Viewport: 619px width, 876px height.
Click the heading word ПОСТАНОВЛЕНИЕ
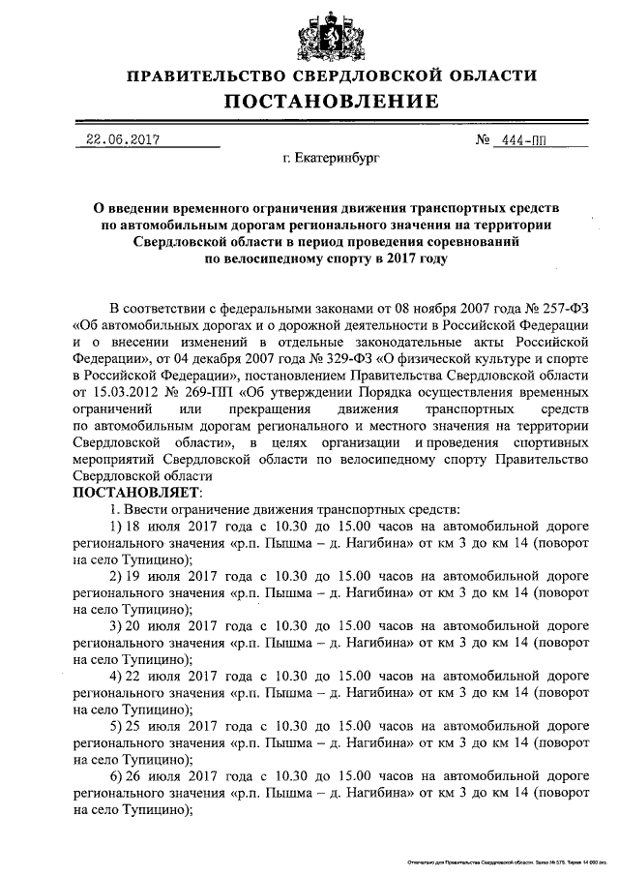(332, 102)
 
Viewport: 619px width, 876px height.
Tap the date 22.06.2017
(122, 139)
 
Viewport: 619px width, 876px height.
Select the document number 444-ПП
(522, 140)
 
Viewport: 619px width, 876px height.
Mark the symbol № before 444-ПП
(483, 140)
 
